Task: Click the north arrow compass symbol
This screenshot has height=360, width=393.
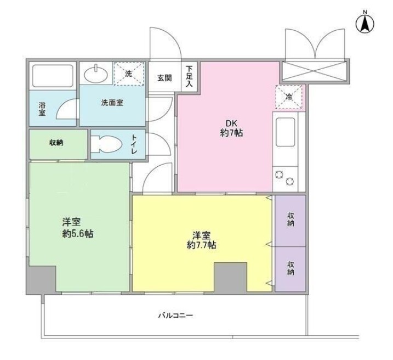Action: [x=365, y=22]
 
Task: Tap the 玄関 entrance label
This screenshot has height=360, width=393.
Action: [x=165, y=77]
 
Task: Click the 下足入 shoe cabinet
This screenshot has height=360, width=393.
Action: [x=190, y=77]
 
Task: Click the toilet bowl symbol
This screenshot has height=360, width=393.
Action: [x=107, y=144]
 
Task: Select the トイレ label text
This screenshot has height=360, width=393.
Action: [x=134, y=144]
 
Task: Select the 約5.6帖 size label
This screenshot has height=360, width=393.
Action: [x=77, y=234]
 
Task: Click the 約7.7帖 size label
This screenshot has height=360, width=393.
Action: [x=201, y=245]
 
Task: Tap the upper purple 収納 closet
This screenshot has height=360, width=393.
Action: [x=291, y=220]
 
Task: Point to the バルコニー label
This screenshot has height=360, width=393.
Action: [x=175, y=316]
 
